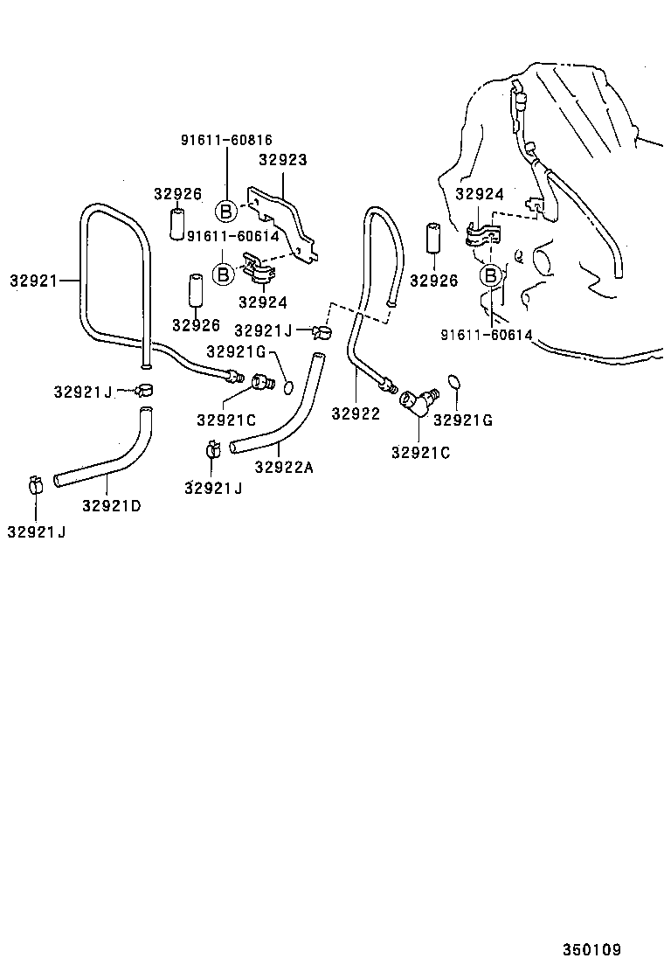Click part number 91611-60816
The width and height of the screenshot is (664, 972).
pos(226,140)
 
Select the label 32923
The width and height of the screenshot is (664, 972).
pos(283,160)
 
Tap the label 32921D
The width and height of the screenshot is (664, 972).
pos(112,505)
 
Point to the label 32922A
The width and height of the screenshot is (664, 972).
pos(284,467)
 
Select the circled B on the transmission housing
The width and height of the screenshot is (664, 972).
pos(491,276)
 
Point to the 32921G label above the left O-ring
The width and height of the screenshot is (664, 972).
pos(237,351)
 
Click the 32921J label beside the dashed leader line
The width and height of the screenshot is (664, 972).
pos(263,330)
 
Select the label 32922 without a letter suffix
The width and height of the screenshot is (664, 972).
pos(356,413)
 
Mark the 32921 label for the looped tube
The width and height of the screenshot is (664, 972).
pos(33,281)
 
